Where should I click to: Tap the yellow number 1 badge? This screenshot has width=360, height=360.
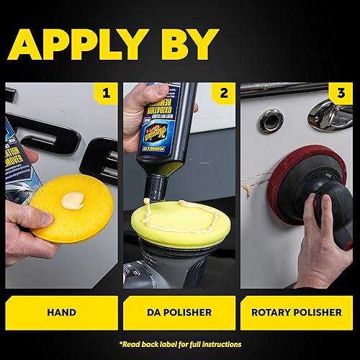point(107,92)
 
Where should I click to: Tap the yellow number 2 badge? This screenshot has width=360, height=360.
point(225,92)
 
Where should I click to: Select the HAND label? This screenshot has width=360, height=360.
point(61,312)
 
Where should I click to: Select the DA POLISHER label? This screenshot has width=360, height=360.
point(179,312)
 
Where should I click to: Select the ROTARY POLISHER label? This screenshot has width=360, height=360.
point(297,312)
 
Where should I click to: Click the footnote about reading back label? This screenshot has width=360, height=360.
point(180,344)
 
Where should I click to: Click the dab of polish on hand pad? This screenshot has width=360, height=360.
point(73,201)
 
